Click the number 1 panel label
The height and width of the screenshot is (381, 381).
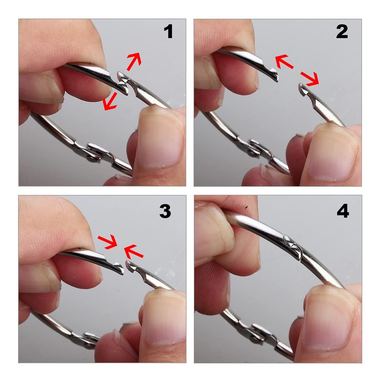(x=168, y=31)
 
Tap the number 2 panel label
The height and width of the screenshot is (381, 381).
(x=342, y=31)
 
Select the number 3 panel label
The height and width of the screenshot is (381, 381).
(x=165, y=211)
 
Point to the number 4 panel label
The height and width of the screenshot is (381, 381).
(x=343, y=211)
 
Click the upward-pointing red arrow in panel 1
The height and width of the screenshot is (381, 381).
(x=134, y=61)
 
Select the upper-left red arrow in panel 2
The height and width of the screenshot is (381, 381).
(x=284, y=62)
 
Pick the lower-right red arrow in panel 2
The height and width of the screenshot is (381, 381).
(x=310, y=79)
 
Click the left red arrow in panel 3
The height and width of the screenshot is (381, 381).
(x=108, y=242)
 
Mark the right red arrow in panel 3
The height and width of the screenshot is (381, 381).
(x=133, y=252)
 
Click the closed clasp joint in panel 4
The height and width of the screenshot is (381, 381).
(x=292, y=247)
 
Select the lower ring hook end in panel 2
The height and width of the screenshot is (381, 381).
(x=304, y=90)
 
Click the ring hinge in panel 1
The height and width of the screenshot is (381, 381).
(x=96, y=152)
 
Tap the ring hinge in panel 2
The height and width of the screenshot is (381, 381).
(x=258, y=148)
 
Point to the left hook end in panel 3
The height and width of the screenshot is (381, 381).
(x=118, y=268)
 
